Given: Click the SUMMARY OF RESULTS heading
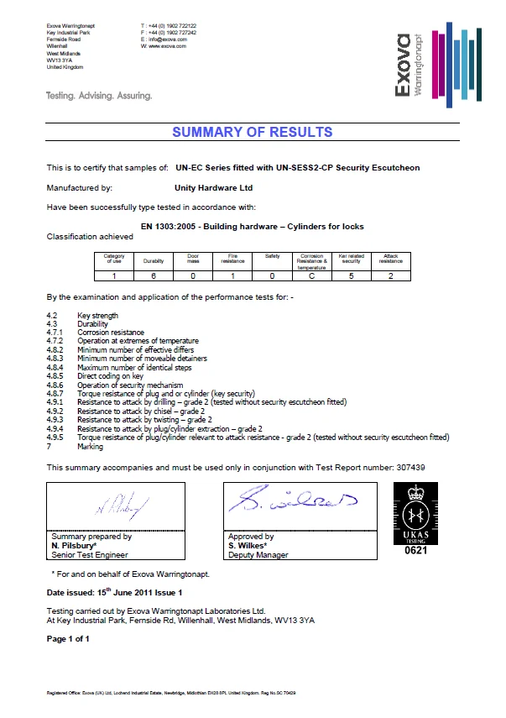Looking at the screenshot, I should [x=252, y=132].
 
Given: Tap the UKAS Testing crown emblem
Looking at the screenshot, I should [x=415, y=514].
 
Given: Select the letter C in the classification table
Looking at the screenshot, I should [x=311, y=275].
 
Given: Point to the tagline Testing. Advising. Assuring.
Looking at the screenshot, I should [x=99, y=96].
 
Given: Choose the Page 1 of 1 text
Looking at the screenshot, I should [x=68, y=638].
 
